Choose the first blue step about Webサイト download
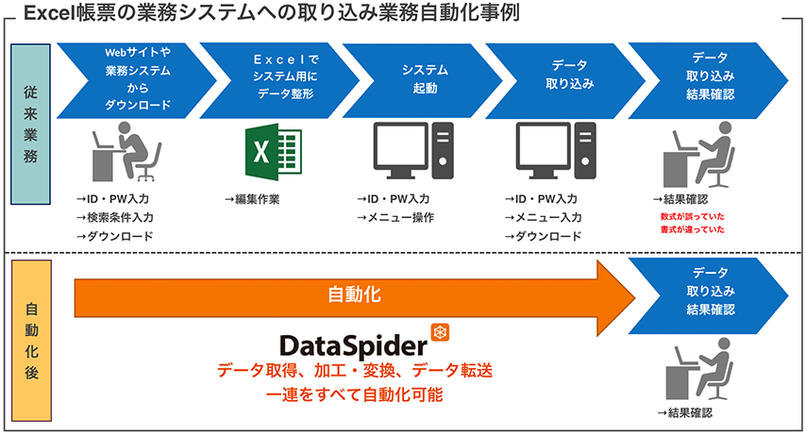(137, 77)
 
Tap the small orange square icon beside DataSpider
(438, 331)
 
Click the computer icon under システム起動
(415, 151)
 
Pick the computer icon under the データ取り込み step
(557, 151)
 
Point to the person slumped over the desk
(126, 152)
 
